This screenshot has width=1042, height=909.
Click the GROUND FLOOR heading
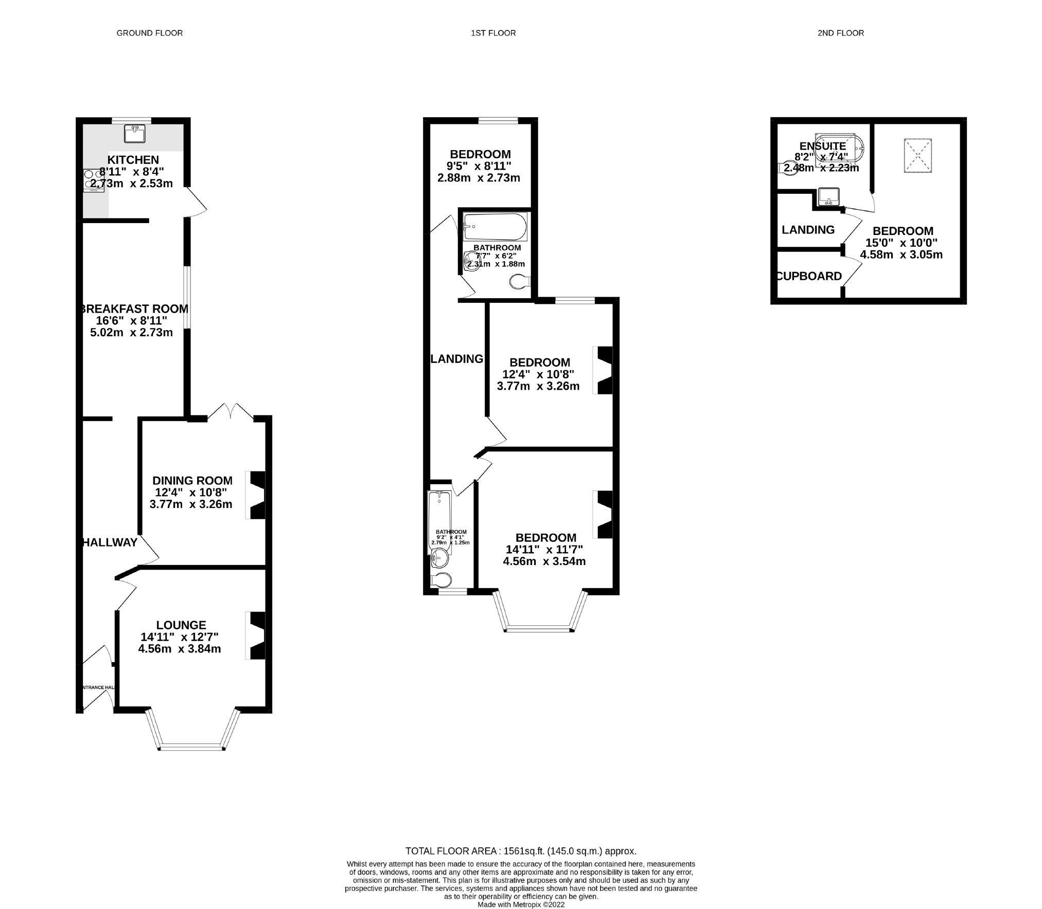pyautogui.click(x=149, y=33)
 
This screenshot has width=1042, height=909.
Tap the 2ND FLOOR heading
pyautogui.click(x=840, y=33)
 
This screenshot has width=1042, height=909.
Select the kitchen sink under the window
pyautogui.click(x=135, y=134)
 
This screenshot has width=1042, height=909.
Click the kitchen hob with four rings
pyautogui.click(x=94, y=180)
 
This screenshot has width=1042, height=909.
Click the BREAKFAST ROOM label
pyautogui.click(x=134, y=309)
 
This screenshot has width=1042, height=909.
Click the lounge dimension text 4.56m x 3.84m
pyautogui.click(x=180, y=649)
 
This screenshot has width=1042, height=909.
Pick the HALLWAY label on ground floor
pyautogui.click(x=110, y=542)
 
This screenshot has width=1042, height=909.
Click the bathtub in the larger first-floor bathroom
pyautogui.click(x=494, y=227)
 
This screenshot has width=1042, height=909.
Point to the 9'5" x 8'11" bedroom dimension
pyautogui.click(x=480, y=166)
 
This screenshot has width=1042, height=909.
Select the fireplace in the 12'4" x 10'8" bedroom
pyautogui.click(x=604, y=370)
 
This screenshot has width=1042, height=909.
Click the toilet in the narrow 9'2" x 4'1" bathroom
pyautogui.click(x=441, y=580)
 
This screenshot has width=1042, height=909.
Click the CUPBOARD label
pyautogui.click(x=809, y=276)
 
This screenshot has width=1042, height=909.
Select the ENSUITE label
pyautogui.click(x=822, y=146)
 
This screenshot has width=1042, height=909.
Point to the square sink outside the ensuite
pyautogui.click(x=828, y=196)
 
